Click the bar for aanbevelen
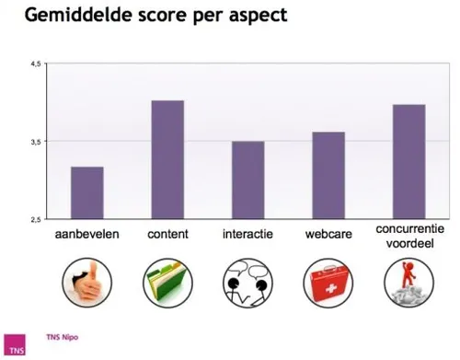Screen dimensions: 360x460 click(x=86, y=192)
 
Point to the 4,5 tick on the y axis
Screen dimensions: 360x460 click(x=36, y=64)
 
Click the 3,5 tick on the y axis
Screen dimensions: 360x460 click(x=36, y=142)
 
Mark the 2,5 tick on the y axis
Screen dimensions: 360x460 click(x=36, y=219)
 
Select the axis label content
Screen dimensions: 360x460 click(x=167, y=235)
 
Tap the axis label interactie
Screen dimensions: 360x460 click(x=247, y=235)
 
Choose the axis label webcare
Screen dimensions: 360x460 click(x=328, y=235)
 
